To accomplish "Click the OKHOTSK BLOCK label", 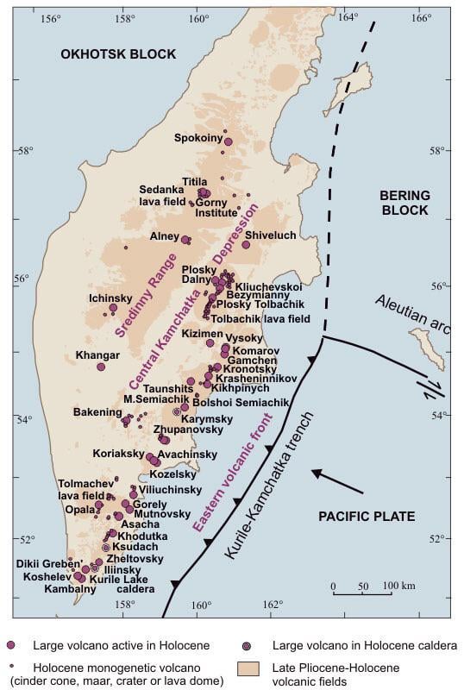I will [x=118, y=54].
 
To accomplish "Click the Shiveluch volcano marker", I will [x=246, y=245].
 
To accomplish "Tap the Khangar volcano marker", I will [x=101, y=367].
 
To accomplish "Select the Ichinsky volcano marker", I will [x=113, y=307].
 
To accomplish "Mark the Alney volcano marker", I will [x=185, y=239].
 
